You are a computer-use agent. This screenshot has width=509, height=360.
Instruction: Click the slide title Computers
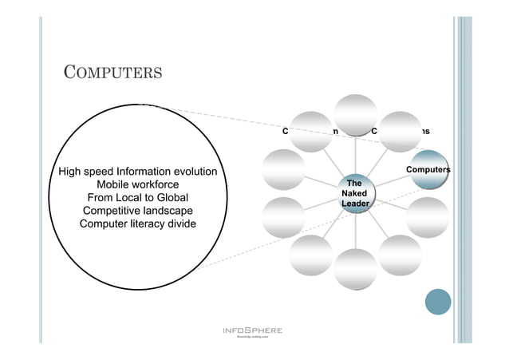[112, 73]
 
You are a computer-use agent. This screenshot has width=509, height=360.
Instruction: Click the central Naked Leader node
[353, 194]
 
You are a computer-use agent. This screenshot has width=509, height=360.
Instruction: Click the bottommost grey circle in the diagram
[355, 268]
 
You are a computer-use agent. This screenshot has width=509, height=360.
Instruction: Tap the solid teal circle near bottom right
[438, 302]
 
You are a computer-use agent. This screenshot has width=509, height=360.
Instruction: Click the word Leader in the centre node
[353, 205]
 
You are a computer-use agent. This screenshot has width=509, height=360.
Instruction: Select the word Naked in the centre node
[353, 194]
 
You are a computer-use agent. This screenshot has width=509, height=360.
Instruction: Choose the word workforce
[152, 184]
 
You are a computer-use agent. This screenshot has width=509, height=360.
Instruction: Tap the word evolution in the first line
[191, 171]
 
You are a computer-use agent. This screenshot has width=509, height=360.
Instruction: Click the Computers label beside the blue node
[428, 169]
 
